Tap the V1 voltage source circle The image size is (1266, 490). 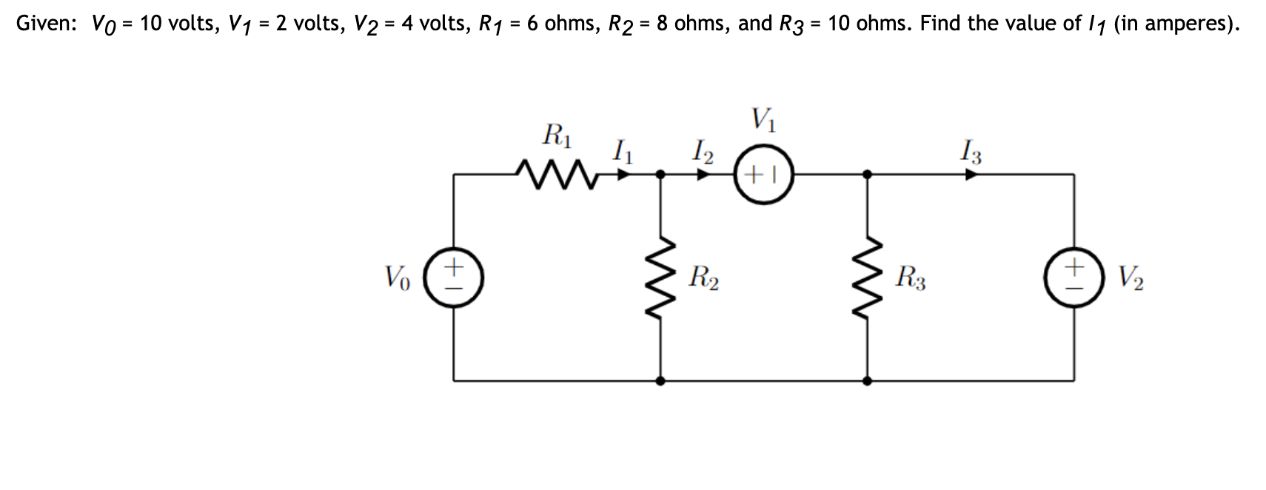[763, 175]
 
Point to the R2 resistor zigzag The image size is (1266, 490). [660, 278]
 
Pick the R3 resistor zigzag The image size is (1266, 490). [867, 278]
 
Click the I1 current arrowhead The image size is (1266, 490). [624, 175]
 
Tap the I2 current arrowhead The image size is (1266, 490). [704, 175]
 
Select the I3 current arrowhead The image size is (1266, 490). [971, 175]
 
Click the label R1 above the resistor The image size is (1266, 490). [557, 135]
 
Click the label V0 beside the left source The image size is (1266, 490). [397, 278]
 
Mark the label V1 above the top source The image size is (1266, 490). [763, 118]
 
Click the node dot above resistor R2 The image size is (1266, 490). [660, 175]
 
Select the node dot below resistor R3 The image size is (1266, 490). [867, 380]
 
